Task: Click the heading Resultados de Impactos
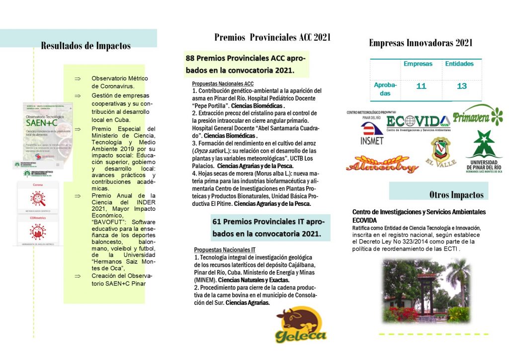[85, 46]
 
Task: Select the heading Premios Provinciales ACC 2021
[272, 37]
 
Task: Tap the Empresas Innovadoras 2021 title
[421, 43]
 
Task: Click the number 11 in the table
[421, 87]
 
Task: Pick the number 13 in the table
[462, 87]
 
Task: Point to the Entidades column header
[459, 64]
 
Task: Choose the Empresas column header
[418, 64]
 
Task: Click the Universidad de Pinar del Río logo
[484, 152]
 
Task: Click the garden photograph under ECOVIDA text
[425, 290]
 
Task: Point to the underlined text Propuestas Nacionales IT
[225, 250]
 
